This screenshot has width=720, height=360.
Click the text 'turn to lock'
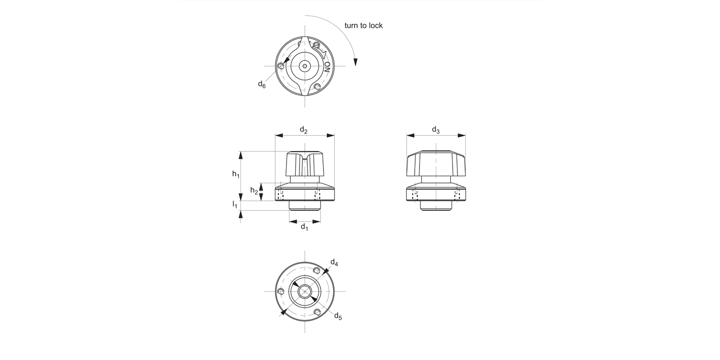pos(363,25)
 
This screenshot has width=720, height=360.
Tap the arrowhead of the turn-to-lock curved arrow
pos(355,62)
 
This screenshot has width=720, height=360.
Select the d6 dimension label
pos(262,84)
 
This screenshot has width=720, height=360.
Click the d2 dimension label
pos(304,130)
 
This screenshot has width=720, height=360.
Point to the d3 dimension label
pos(435,130)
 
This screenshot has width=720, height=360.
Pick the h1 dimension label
pos(236,174)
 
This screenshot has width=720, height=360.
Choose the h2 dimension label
pos(254,191)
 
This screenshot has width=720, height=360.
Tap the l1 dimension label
pos(235,204)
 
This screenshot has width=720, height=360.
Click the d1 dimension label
pos(304,227)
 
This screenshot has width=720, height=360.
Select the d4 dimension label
pos(334,263)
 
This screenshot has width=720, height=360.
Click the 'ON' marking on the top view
pos(327,66)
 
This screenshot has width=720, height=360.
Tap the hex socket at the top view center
pos(305,66)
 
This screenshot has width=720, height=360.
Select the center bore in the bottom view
pos(305,291)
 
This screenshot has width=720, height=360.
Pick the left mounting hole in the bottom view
pos(281,291)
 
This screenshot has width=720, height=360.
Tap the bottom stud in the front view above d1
pos(305,206)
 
